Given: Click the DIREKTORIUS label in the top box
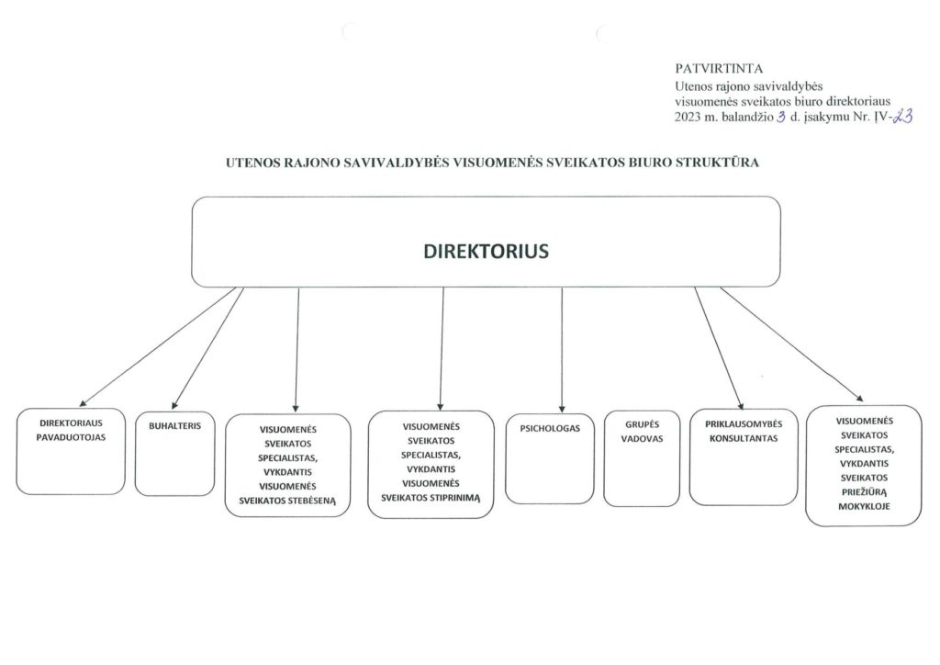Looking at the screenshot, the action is [x=486, y=251].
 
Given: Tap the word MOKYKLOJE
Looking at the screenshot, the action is [x=864, y=506].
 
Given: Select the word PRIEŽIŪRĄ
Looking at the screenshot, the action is [x=864, y=492].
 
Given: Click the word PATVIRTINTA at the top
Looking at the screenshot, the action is [x=719, y=68].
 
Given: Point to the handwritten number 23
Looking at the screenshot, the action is [x=903, y=116].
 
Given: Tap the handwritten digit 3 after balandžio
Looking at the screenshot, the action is [x=780, y=117].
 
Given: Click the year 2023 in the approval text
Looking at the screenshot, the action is [x=688, y=117].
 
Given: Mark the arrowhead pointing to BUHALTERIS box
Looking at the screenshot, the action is [x=174, y=405].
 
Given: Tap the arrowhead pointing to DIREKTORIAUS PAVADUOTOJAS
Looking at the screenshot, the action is [x=83, y=403].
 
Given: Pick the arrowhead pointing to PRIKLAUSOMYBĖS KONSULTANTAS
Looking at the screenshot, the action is [x=741, y=406].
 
